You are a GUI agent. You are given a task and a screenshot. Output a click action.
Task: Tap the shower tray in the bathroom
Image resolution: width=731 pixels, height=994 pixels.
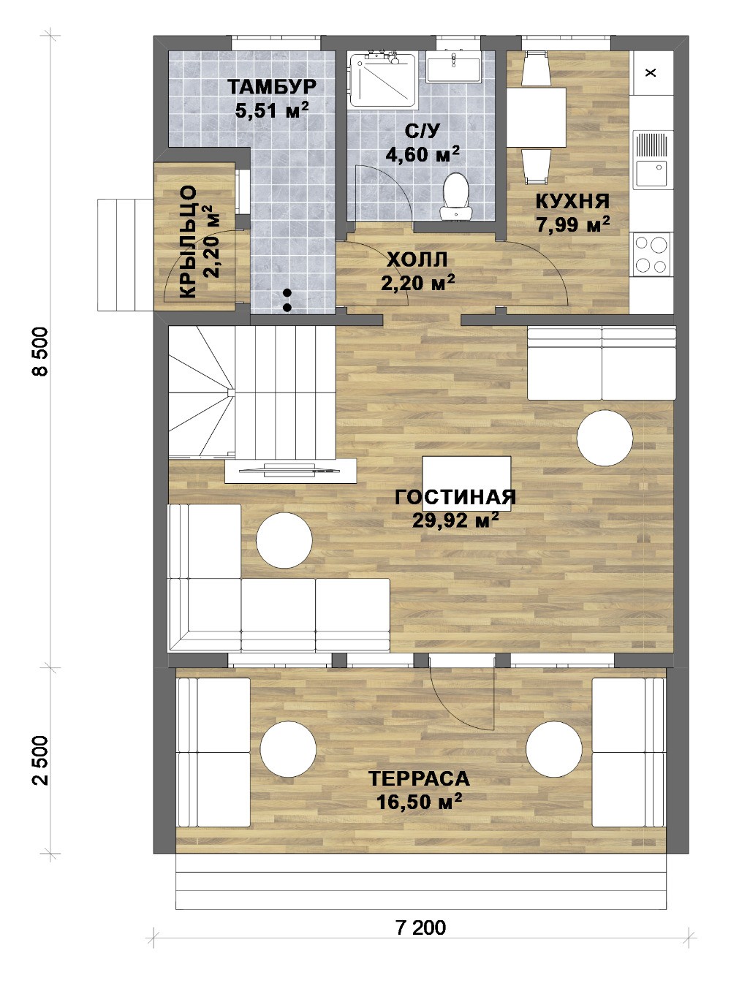click(383, 80)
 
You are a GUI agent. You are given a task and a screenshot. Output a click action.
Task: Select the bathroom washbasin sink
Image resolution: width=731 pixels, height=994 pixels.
click(454, 67)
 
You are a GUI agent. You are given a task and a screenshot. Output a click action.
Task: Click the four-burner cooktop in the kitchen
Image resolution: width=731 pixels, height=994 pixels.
click(651, 254)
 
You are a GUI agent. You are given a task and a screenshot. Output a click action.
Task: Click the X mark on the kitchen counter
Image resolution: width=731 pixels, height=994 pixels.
click(651, 72)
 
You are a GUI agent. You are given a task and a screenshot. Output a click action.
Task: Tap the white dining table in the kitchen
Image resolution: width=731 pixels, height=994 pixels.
click(536, 117)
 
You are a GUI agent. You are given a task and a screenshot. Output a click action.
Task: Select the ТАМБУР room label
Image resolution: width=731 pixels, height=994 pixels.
click(272, 86)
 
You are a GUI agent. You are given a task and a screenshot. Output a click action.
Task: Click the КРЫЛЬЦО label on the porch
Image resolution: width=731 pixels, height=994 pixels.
click(188, 243)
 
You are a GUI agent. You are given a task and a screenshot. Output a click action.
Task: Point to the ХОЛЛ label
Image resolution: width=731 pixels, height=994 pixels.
click(417, 260)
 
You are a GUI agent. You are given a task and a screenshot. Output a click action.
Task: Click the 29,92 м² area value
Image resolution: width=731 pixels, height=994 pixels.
click(455, 519)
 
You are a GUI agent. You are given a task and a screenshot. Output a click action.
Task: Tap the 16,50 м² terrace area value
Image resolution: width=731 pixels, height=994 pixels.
click(420, 801)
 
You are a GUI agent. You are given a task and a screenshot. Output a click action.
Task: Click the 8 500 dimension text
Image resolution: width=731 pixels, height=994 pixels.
click(41, 352)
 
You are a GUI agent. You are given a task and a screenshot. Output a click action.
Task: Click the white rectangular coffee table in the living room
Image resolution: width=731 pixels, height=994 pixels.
click(466, 484)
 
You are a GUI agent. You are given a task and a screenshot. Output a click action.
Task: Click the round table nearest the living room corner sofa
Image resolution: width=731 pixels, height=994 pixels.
click(284, 540)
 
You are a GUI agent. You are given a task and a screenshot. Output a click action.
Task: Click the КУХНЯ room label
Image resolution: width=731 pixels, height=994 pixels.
click(572, 202)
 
